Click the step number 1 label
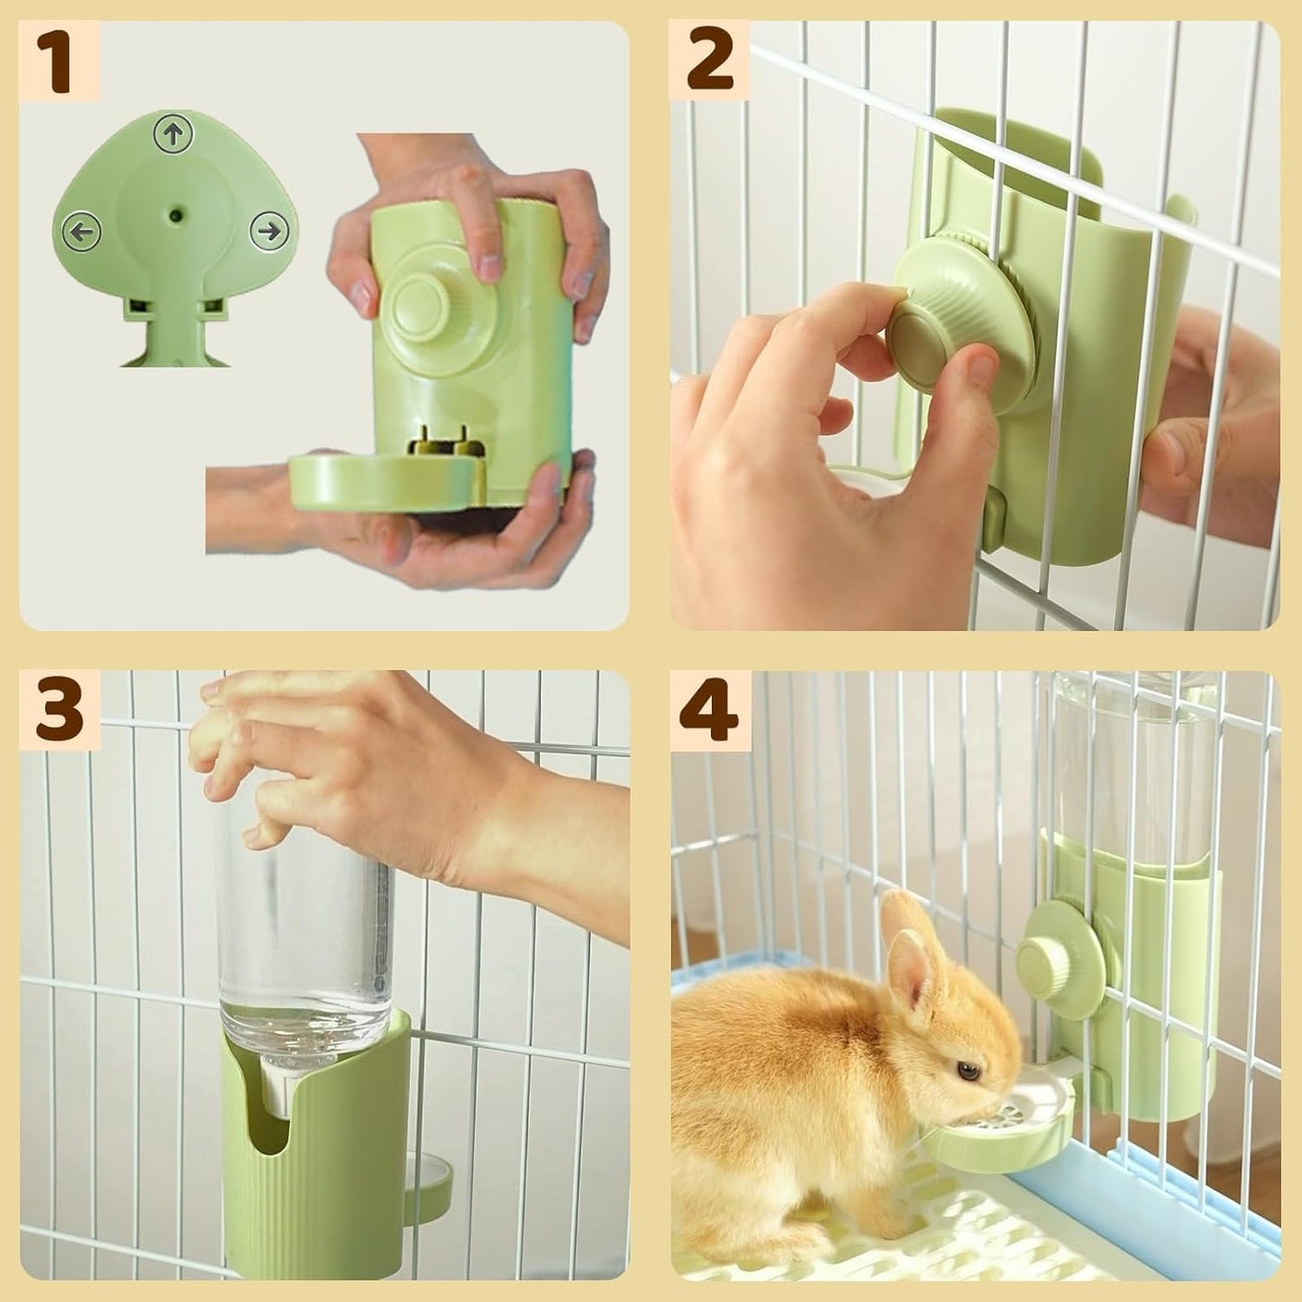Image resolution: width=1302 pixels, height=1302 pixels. coord(59,60)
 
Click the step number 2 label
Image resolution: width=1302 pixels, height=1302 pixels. coord(709,60)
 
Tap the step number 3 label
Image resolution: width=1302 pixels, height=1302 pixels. coord(59,710)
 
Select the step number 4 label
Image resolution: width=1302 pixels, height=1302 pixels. coord(709,710)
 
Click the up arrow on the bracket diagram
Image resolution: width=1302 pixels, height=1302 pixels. coord(174,135)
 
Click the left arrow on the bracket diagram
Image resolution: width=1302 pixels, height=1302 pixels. coord(84,232)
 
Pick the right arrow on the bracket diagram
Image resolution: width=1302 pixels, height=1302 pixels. coord(268,232)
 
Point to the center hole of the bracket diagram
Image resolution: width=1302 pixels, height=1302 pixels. coord(176,216)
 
